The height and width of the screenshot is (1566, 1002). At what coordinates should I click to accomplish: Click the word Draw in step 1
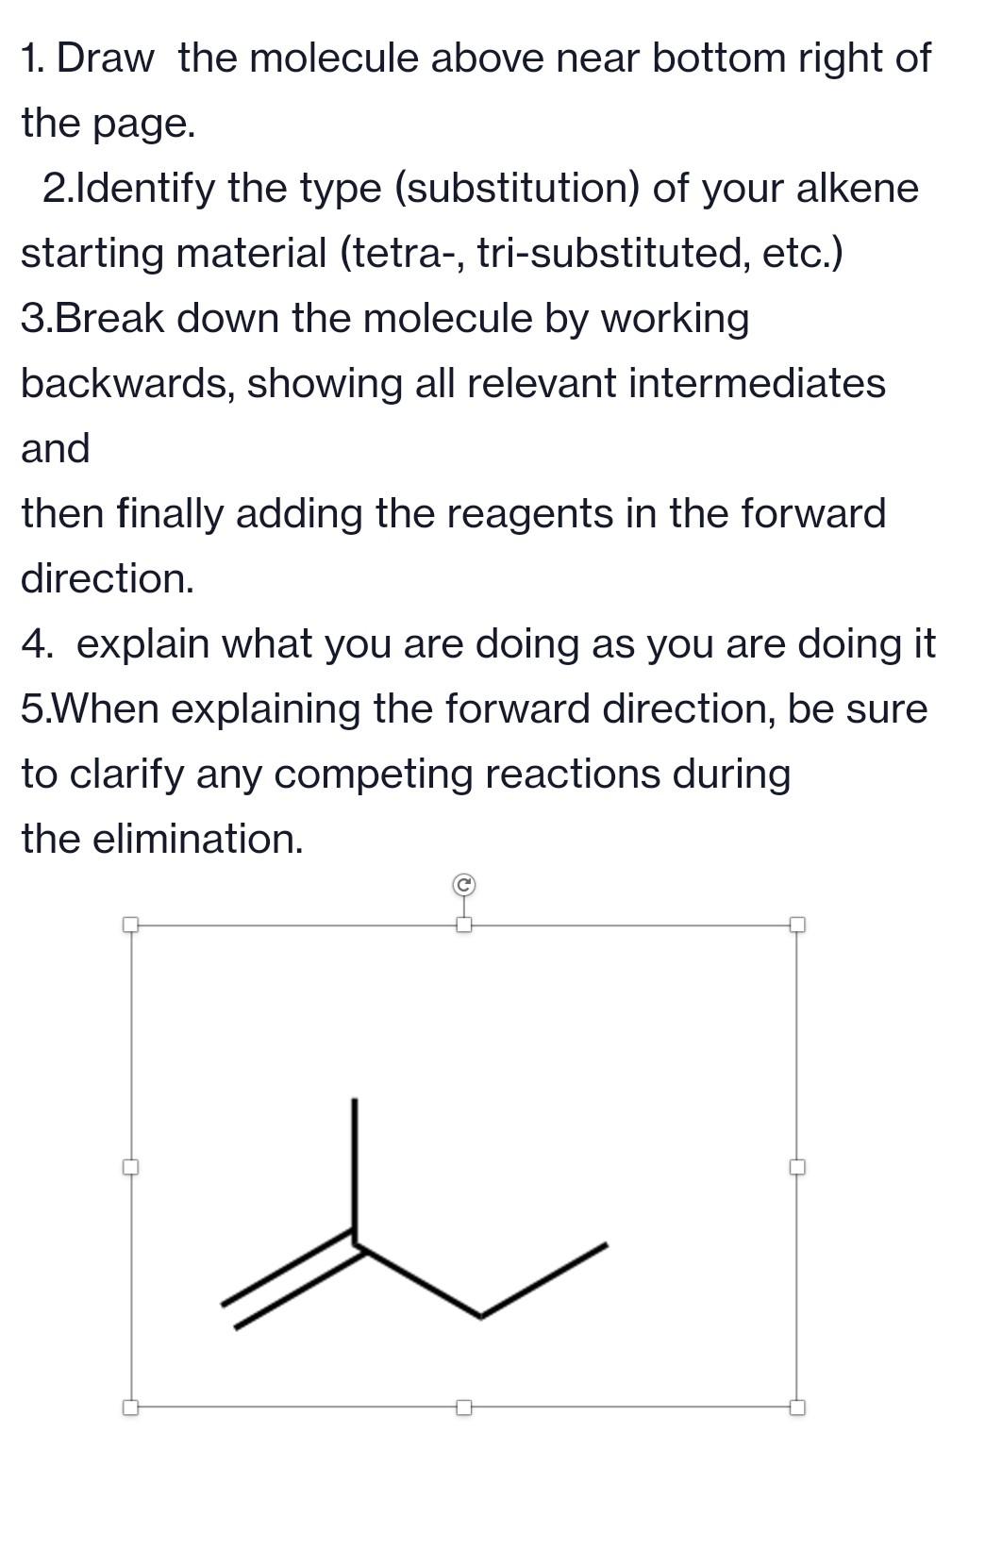pyautogui.click(x=105, y=58)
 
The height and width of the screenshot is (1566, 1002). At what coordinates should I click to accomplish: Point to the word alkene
pyautogui.click(x=857, y=188)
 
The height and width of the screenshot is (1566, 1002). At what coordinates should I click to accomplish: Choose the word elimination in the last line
pyautogui.click(x=197, y=839)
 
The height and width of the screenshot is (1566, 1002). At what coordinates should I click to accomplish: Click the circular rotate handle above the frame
pyautogui.click(x=463, y=885)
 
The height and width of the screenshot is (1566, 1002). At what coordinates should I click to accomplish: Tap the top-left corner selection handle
pyautogui.click(x=131, y=925)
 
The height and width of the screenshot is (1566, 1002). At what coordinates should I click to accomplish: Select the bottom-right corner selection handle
pyautogui.click(x=797, y=1408)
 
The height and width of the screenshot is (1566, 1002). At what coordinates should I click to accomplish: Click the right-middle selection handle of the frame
pyautogui.click(x=797, y=1167)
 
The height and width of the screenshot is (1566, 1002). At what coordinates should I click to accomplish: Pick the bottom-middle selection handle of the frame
pyautogui.click(x=463, y=1408)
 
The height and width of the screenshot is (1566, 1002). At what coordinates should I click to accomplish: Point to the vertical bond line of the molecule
pyautogui.click(x=355, y=1165)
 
